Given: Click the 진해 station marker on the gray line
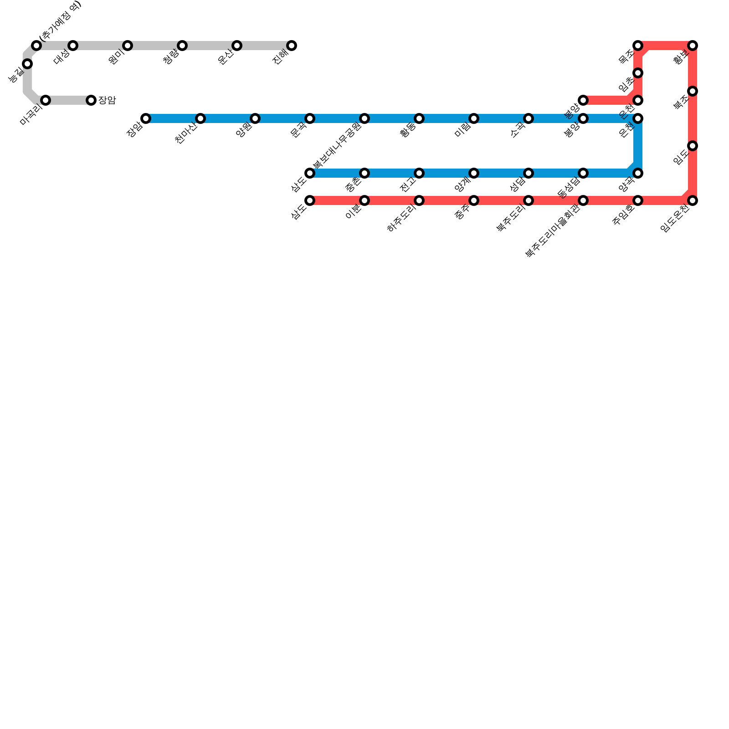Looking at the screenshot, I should [292, 46].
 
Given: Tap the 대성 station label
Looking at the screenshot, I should [62, 57].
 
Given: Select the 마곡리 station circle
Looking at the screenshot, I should [46, 100].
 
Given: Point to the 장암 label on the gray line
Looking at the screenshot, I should [107, 100].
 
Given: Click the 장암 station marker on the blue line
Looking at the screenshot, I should [146, 118].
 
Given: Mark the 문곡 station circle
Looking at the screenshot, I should [310, 118].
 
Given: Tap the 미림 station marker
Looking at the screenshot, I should [474, 118].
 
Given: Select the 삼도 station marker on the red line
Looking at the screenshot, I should [310, 200].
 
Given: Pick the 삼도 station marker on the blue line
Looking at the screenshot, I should [310, 173].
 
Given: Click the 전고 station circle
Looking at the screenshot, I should [419, 173].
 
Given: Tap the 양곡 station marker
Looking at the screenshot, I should [638, 173].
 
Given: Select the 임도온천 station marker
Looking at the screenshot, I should [693, 200].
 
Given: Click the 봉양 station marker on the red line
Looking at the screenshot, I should [583, 100].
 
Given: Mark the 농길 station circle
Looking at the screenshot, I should [27, 64].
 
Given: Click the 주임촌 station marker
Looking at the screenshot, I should [638, 200].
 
